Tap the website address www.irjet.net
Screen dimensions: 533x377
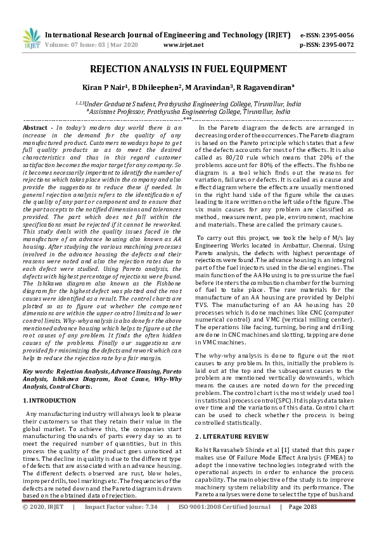pos(183,45)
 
